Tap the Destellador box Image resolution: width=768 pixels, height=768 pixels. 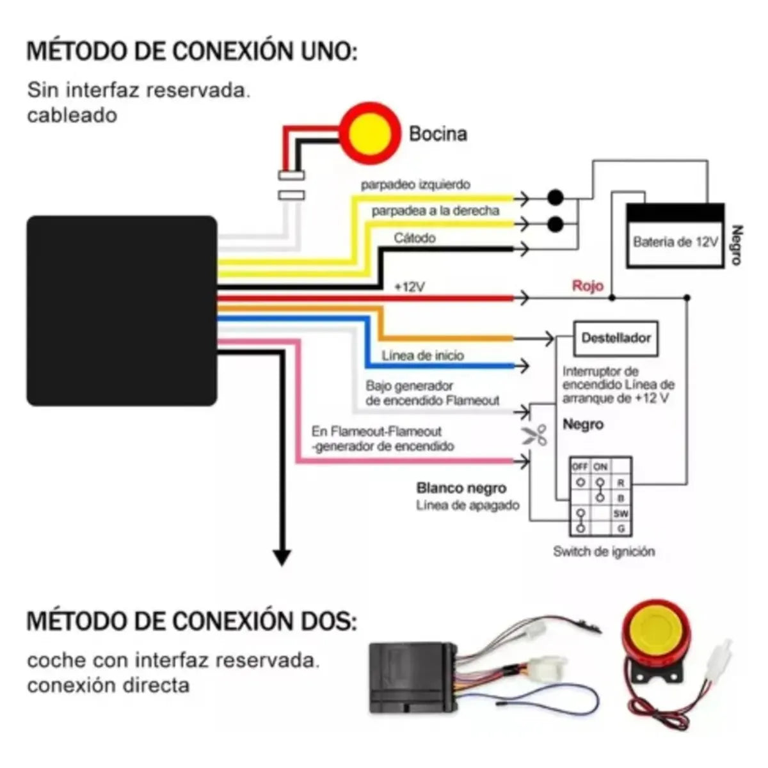(x=616, y=338)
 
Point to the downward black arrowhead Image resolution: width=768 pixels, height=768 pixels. (x=282, y=557)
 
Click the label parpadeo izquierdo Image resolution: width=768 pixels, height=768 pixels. (x=415, y=185)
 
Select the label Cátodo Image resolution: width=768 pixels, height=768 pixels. (x=415, y=238)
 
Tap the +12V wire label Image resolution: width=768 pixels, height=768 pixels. (x=409, y=287)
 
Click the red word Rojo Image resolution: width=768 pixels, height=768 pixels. (x=588, y=285)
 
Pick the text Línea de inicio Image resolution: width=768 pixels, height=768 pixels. (x=422, y=356)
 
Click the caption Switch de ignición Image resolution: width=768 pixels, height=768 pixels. (x=604, y=551)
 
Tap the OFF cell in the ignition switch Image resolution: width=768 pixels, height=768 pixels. (x=580, y=467)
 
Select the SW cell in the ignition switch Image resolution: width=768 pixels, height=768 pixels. (x=621, y=513)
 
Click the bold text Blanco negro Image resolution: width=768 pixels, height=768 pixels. (x=461, y=488)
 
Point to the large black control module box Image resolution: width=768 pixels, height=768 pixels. (x=122, y=310)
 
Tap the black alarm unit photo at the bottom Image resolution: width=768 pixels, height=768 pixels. (x=413, y=678)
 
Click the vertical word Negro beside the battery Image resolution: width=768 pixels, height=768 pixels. (x=736, y=245)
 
